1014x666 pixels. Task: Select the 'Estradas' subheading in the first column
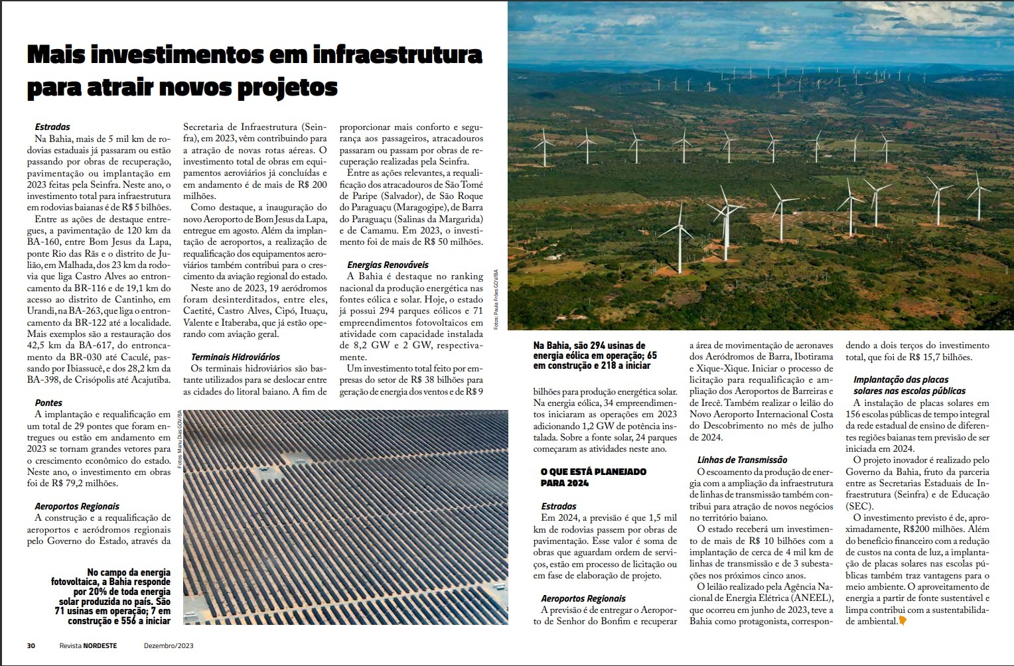[x=52, y=127]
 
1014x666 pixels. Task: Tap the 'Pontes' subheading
[x=48, y=403]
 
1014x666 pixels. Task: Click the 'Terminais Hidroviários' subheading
[x=236, y=357]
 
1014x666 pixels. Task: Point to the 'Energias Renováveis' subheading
[x=388, y=265]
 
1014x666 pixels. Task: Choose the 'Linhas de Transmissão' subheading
[x=742, y=460]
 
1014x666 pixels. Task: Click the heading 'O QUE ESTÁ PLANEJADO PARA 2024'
[x=593, y=478]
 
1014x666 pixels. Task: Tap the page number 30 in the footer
[x=31, y=645]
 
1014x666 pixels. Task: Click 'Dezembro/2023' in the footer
[x=169, y=645]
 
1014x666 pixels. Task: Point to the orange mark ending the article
[x=903, y=622]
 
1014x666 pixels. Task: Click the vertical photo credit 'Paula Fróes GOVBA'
[x=496, y=299]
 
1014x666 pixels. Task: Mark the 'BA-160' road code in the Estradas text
[x=43, y=242]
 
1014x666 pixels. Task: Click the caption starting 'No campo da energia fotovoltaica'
[x=111, y=596]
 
